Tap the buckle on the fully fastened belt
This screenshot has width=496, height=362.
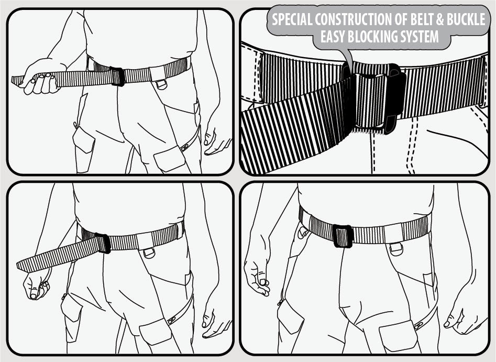[343, 236]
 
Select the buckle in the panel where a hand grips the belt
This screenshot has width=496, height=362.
[117, 76]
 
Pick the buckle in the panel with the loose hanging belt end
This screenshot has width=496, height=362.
[103, 243]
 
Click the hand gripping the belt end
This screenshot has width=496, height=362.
[40, 79]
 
